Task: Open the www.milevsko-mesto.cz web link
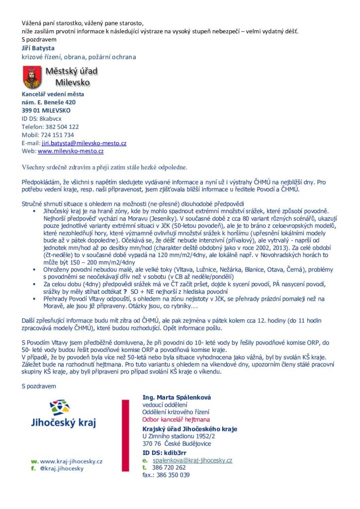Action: tap(71, 151)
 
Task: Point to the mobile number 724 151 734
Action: tap(56, 135)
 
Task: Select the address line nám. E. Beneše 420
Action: tap(49, 102)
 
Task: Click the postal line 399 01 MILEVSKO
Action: tap(46, 110)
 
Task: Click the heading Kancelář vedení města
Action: tap(53, 94)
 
